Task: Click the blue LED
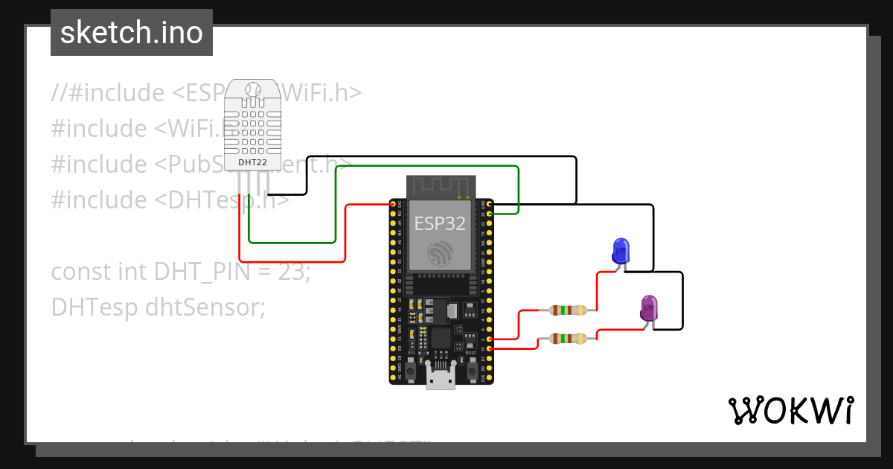pyautogui.click(x=620, y=251)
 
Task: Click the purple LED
pyautogui.click(x=649, y=308)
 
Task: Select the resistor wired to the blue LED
pyautogui.click(x=568, y=310)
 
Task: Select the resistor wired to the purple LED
pyautogui.click(x=568, y=339)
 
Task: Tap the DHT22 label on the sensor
pyautogui.click(x=252, y=162)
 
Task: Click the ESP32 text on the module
pyautogui.click(x=440, y=223)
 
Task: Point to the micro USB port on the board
pyautogui.click(x=441, y=379)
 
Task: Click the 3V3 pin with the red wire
pyautogui.click(x=394, y=203)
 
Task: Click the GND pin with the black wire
pyautogui.click(x=489, y=203)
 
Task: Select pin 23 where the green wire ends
pyautogui.click(x=489, y=214)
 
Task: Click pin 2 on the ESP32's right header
pyautogui.click(x=489, y=339)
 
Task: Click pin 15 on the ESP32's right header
pyautogui.click(x=489, y=348)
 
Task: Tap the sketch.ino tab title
pyautogui.click(x=132, y=33)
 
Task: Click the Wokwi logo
pyautogui.click(x=790, y=411)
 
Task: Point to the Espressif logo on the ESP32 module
pyautogui.click(x=440, y=254)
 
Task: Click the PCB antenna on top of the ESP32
pyautogui.click(x=440, y=187)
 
